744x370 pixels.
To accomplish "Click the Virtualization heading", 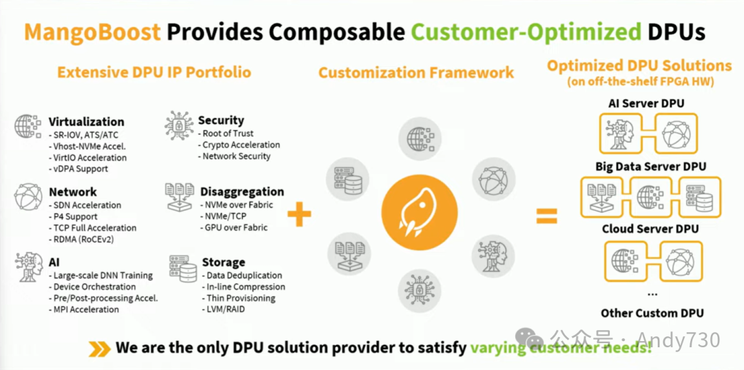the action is click(x=86, y=122).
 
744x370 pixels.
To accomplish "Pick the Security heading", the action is click(x=220, y=121).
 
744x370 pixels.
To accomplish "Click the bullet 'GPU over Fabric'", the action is click(x=235, y=227).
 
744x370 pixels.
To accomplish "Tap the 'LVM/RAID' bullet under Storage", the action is click(x=225, y=309).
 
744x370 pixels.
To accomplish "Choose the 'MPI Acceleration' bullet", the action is click(x=85, y=309).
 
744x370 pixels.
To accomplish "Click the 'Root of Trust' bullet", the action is click(x=227, y=133).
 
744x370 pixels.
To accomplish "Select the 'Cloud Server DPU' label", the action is click(x=650, y=229).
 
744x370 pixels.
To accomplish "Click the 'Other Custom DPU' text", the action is click(x=652, y=313).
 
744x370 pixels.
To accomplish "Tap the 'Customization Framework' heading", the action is click(x=415, y=72).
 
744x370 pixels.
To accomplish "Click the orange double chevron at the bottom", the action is click(x=100, y=349).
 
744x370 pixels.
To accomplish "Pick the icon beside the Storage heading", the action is click(x=183, y=269).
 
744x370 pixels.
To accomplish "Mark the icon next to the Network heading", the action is click(x=28, y=197).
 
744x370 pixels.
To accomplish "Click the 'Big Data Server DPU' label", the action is click(x=651, y=166).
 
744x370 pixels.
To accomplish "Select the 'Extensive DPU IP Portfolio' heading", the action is click(x=154, y=72).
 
